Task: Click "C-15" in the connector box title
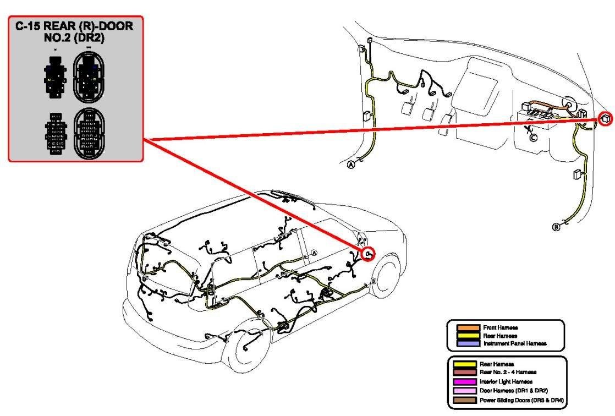coord(28,26)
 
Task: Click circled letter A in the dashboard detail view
coord(351,165)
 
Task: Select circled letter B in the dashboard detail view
coord(556,227)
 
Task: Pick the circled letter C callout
coord(533,138)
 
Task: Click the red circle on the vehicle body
coord(369,254)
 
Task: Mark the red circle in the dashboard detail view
coord(606,118)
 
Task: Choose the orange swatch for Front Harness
coord(468,328)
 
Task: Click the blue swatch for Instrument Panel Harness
coord(468,343)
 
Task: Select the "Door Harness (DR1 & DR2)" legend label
coord(513,391)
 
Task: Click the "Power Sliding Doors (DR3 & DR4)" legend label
coord(521,400)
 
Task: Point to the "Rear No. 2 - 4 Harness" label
coord(508,372)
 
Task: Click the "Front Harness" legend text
coord(501,328)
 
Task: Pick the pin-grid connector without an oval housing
coord(56,133)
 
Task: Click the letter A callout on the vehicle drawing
coord(314,253)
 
